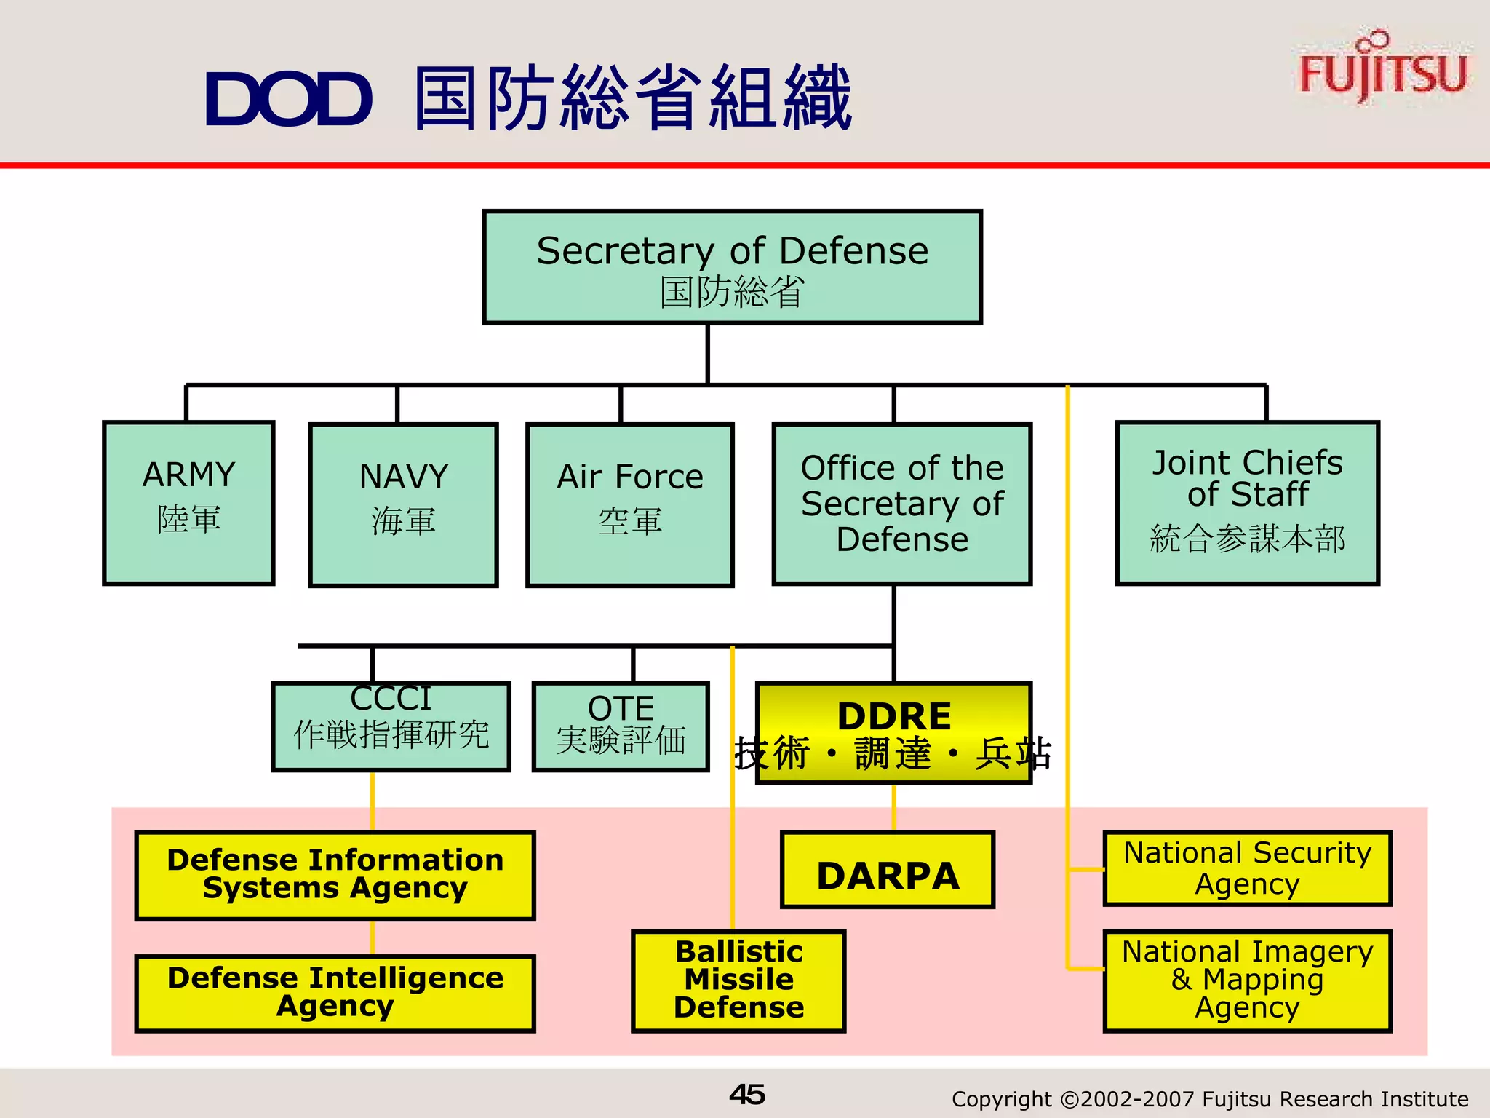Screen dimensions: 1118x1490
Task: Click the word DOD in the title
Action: [289, 99]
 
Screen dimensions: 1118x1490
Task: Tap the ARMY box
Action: [188, 503]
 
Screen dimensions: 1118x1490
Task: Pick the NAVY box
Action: [403, 504]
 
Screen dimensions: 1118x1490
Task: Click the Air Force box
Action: [629, 504]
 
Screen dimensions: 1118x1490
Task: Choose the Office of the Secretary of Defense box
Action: [901, 504]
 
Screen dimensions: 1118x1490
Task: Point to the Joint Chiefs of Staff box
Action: [1247, 503]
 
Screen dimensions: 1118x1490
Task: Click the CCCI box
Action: [391, 726]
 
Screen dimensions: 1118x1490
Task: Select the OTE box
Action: [621, 726]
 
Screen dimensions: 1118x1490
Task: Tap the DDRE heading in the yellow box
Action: [894, 715]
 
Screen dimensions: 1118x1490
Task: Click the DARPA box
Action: [888, 871]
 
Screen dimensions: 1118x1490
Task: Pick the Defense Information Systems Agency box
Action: [335, 876]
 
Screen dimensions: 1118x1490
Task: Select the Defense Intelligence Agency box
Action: [335, 994]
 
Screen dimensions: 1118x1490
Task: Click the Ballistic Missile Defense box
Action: [738, 980]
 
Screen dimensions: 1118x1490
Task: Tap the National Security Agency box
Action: [1247, 868]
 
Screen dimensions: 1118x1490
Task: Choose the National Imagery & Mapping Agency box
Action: [1247, 980]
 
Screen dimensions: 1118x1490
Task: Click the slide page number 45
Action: [746, 1095]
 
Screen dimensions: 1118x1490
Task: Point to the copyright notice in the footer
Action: [1209, 1098]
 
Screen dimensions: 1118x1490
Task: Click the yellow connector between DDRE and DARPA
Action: [894, 807]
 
